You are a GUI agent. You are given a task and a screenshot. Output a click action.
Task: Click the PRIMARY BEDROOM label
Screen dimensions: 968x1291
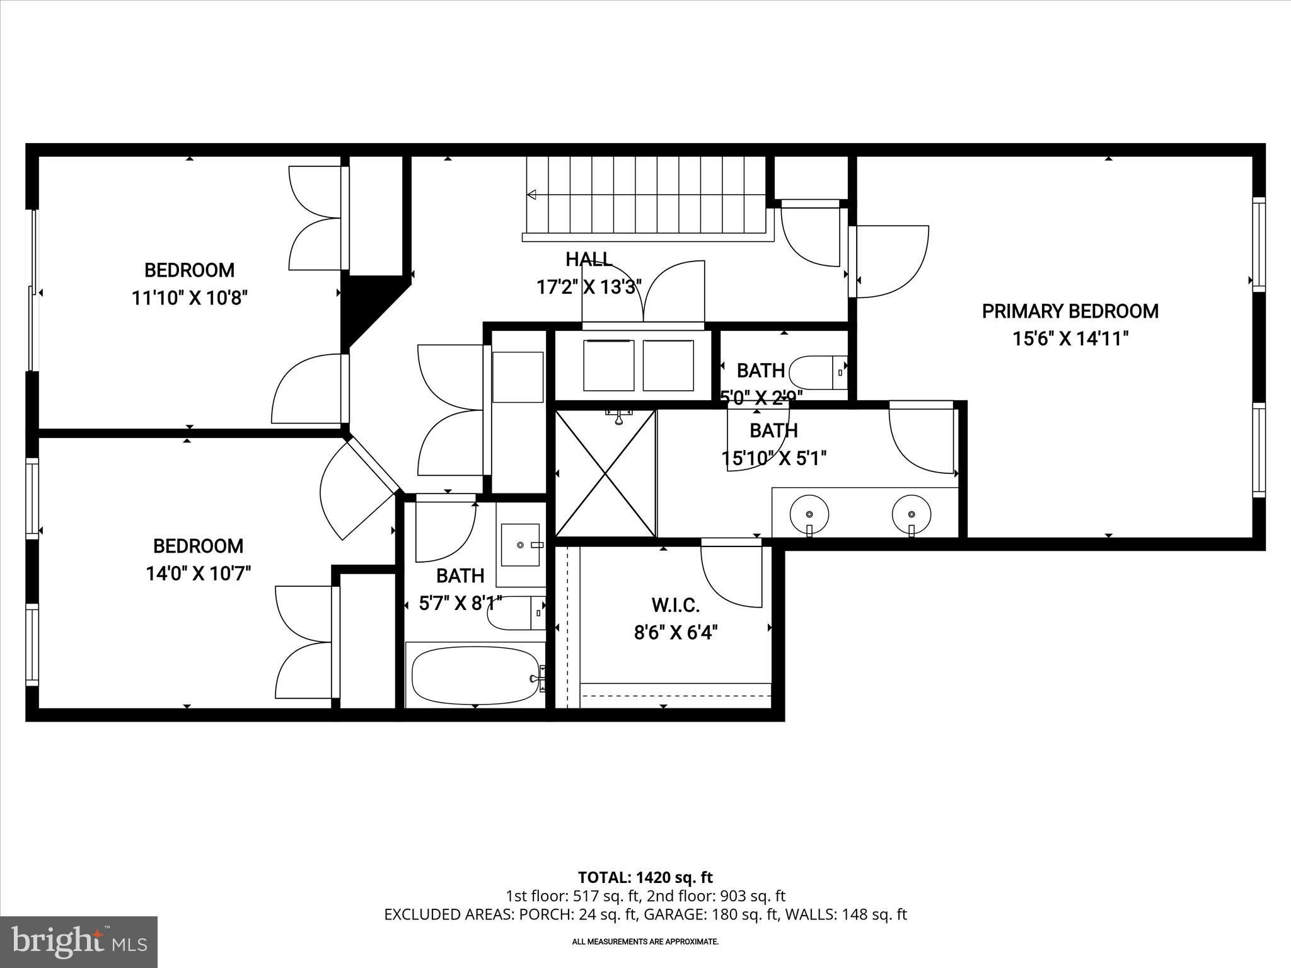[x=1070, y=311]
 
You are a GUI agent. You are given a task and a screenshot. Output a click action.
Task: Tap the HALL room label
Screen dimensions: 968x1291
[x=589, y=259]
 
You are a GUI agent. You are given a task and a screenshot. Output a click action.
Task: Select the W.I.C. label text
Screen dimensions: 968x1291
[x=675, y=606]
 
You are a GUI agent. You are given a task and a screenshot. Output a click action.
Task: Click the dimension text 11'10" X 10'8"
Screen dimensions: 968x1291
[x=189, y=297]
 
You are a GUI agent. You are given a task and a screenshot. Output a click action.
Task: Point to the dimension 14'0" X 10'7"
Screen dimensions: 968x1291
[x=199, y=573]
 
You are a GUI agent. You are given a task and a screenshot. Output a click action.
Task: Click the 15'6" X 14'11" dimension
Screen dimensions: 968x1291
[x=1070, y=339]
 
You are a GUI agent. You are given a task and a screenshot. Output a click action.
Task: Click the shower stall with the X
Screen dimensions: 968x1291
[x=606, y=473]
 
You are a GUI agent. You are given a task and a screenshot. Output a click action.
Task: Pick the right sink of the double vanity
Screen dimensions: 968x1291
[x=912, y=514]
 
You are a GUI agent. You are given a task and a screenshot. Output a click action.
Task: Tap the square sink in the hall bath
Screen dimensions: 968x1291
[x=520, y=544]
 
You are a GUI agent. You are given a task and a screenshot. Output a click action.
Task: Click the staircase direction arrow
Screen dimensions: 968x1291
[x=531, y=195]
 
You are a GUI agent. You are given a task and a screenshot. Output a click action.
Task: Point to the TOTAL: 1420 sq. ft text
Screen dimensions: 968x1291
[x=645, y=877]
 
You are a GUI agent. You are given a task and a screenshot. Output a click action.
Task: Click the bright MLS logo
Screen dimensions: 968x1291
[x=79, y=942]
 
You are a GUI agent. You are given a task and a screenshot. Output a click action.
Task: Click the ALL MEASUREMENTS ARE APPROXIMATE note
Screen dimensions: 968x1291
[x=645, y=942]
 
